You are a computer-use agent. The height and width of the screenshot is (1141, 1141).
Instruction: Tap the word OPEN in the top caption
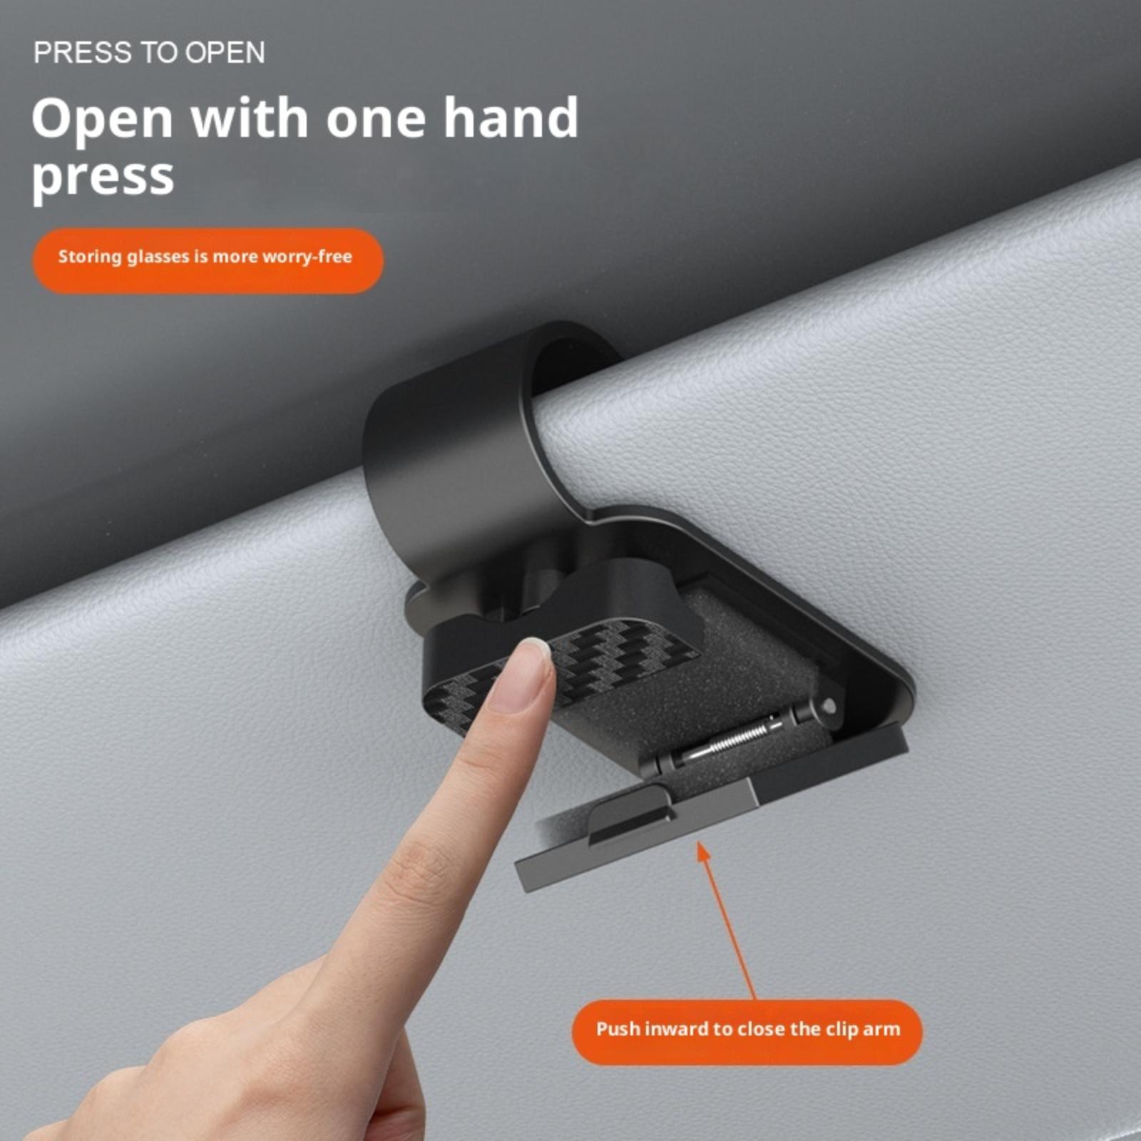[225, 53]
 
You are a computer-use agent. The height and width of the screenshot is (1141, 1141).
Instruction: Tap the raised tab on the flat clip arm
[630, 814]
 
